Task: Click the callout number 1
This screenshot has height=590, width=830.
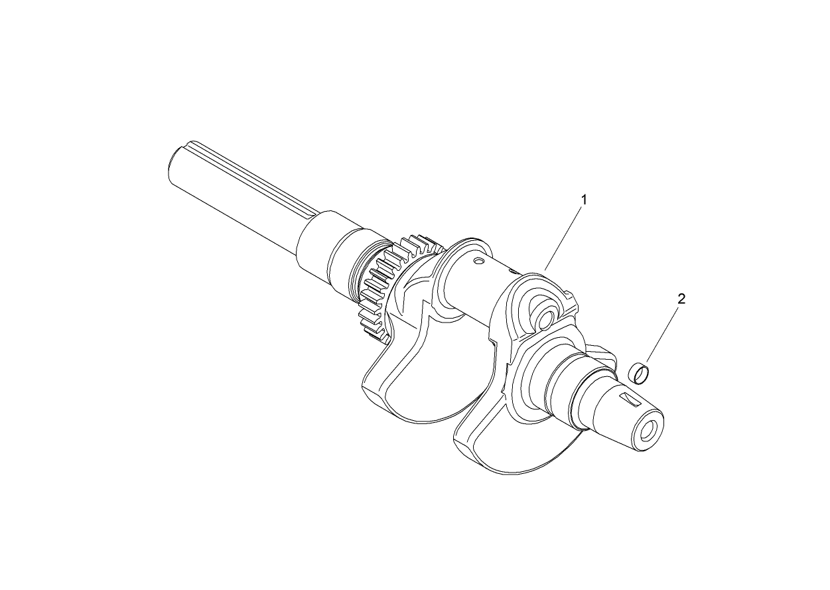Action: point(584,198)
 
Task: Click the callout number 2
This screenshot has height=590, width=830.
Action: point(681,299)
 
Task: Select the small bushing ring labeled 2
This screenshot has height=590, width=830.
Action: point(640,373)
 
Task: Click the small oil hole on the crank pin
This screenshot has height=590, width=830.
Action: point(476,260)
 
